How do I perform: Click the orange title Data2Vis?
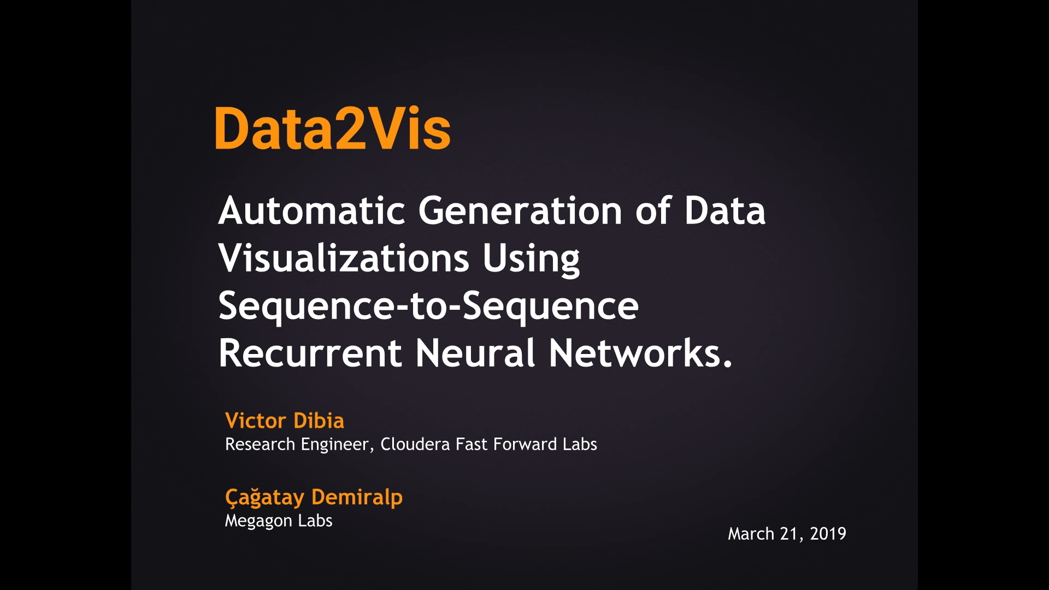333,128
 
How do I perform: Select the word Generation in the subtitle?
520,210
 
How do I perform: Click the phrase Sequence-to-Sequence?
428,306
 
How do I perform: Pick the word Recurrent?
310,353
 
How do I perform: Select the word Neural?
475,353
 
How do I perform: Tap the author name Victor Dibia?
285,421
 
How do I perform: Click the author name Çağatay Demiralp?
314,498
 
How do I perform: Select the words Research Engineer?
297,445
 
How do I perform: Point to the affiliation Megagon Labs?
279,521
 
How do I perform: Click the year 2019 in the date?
828,534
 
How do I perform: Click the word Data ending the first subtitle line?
725,210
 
